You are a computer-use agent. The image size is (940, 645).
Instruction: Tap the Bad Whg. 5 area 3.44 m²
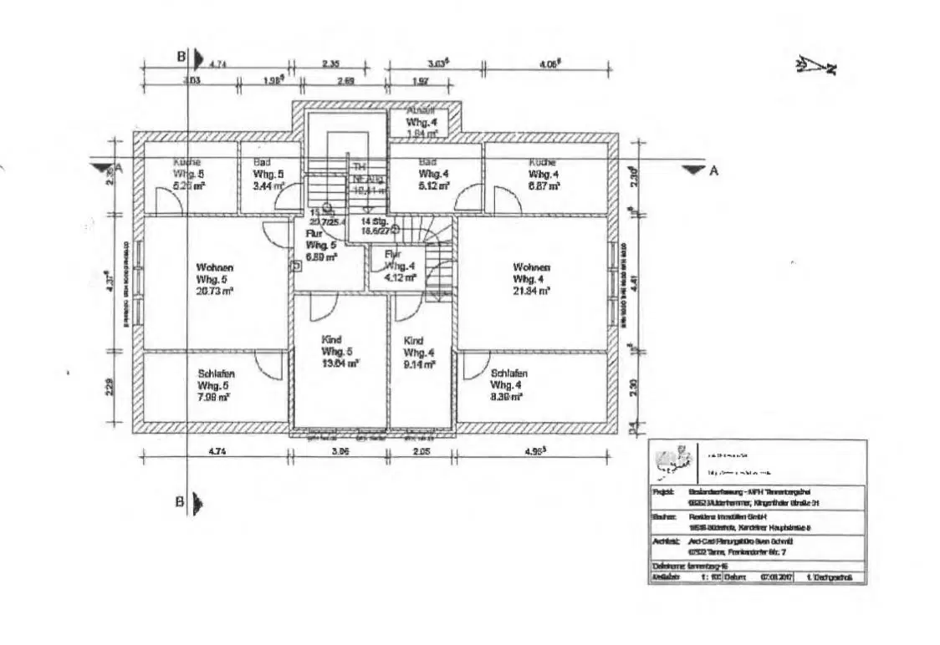tap(268, 187)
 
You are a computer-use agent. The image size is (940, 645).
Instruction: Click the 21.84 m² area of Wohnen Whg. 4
tap(531, 291)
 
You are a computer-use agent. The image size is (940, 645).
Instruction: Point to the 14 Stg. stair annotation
tap(375, 220)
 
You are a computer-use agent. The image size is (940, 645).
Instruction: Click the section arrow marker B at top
tap(198, 57)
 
